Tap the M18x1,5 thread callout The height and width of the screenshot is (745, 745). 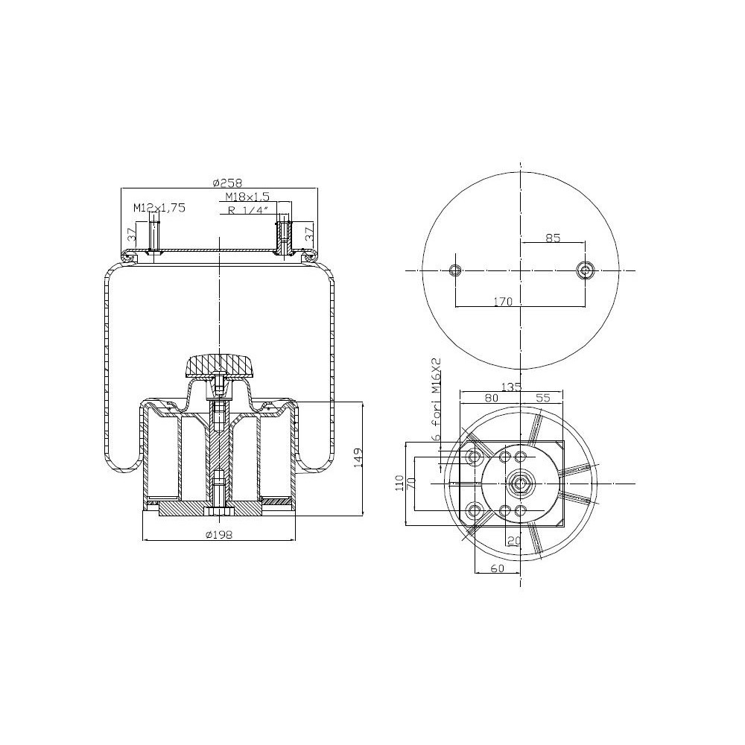247,197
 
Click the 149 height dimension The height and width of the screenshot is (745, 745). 358,458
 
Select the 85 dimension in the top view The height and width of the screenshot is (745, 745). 553,238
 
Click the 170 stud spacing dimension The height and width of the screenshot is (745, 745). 504,301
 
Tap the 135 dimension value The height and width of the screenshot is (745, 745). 511,386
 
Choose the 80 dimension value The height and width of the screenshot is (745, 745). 491,399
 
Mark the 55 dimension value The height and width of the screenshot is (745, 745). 542,399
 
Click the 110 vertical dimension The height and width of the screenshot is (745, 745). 399,483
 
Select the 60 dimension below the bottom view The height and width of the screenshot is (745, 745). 498,568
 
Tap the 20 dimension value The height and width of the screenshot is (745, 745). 513,540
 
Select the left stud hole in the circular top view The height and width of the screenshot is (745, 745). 457,270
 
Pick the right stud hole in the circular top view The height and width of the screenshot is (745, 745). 585,270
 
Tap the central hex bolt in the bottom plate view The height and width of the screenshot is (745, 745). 520,484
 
